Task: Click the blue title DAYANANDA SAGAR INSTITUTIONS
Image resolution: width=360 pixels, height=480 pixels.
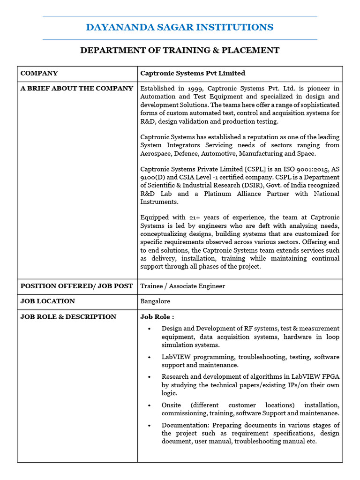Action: click(x=180, y=28)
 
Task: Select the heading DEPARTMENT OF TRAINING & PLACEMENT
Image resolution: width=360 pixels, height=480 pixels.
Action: click(x=180, y=51)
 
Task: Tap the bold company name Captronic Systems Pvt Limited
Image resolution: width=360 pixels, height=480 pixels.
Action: click(x=193, y=74)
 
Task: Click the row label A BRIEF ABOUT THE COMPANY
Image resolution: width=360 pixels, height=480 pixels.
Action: click(x=76, y=89)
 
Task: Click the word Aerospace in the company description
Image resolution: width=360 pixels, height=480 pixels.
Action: click(x=157, y=154)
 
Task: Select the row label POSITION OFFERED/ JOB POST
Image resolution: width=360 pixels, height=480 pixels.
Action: click(x=76, y=286)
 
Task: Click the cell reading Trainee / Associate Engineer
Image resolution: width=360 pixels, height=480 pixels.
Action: click(x=182, y=286)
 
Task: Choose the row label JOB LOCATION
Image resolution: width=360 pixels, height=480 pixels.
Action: click(x=48, y=301)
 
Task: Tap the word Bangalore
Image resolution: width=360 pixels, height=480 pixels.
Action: click(x=155, y=301)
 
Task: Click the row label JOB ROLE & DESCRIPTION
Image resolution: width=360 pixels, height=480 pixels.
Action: click(x=68, y=317)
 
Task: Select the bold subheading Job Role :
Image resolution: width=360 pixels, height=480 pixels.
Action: click(x=157, y=317)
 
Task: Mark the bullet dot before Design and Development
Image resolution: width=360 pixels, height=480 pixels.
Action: click(x=149, y=329)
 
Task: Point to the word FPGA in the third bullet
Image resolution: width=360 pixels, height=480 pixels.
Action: click(x=329, y=377)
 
